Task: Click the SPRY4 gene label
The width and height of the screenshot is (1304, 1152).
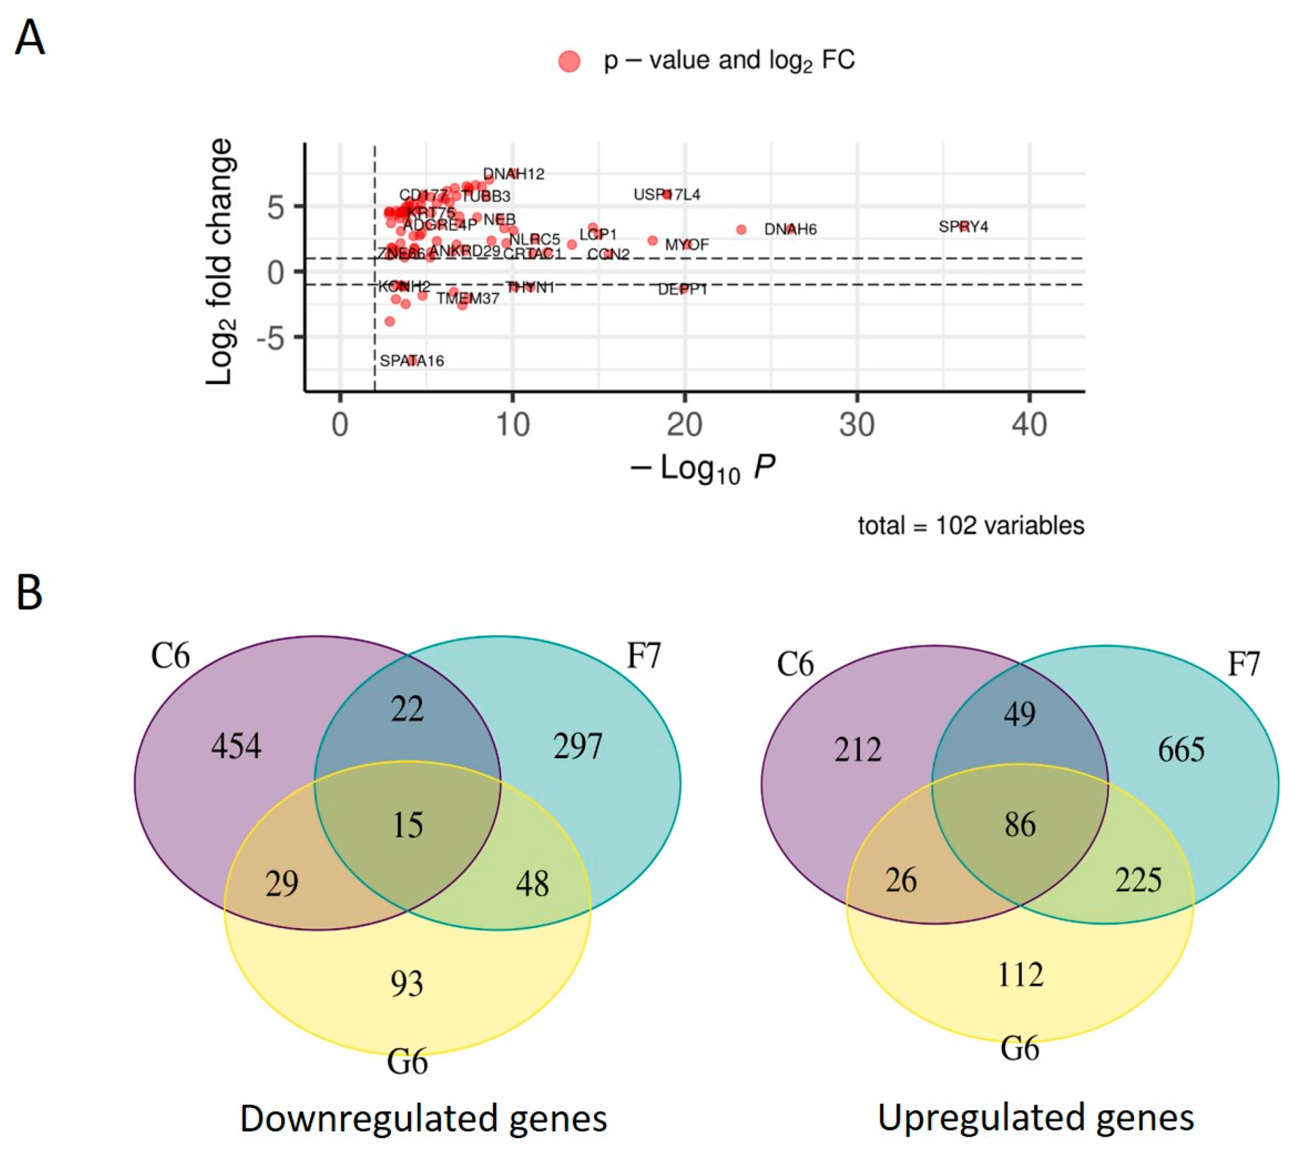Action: point(963,227)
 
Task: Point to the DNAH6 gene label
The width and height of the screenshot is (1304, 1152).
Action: point(790,229)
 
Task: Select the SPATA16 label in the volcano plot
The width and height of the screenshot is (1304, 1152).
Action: point(412,361)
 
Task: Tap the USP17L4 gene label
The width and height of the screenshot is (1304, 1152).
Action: point(666,194)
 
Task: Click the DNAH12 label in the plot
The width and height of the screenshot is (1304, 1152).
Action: point(514,174)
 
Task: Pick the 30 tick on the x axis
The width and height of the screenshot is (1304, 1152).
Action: point(857,425)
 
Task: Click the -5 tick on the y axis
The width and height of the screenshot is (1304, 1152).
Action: point(270,337)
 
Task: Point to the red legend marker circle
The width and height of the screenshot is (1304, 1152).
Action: point(569,61)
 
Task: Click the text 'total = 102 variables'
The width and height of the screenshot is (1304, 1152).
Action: point(970,526)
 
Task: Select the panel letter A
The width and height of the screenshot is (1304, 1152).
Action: point(30,38)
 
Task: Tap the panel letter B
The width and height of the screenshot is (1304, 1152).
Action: point(29,592)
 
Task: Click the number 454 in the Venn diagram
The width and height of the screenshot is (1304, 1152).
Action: point(236,746)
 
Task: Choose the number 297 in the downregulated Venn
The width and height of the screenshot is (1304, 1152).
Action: point(578,746)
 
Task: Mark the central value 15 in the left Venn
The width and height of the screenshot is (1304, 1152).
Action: point(407,825)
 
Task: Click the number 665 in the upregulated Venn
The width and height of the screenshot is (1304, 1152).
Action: point(1181,749)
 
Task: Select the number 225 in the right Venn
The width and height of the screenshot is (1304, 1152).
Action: point(1139,881)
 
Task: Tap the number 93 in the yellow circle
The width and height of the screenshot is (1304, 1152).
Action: point(407,984)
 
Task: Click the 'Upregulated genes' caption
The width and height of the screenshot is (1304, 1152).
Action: point(1035,1117)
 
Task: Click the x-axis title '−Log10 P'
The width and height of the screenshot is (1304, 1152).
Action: point(702,469)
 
